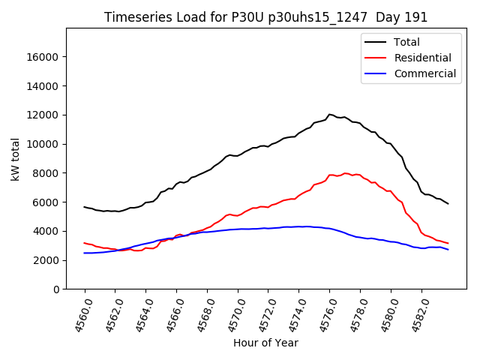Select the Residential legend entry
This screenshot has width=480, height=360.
422,58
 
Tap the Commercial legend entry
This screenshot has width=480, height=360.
424,73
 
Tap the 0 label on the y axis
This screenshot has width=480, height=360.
57,289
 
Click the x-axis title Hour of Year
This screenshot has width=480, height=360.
265,343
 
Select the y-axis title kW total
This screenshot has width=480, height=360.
16,158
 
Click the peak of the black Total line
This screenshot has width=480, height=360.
329,114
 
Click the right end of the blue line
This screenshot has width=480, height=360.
448,249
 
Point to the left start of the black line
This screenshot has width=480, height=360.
84,207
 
